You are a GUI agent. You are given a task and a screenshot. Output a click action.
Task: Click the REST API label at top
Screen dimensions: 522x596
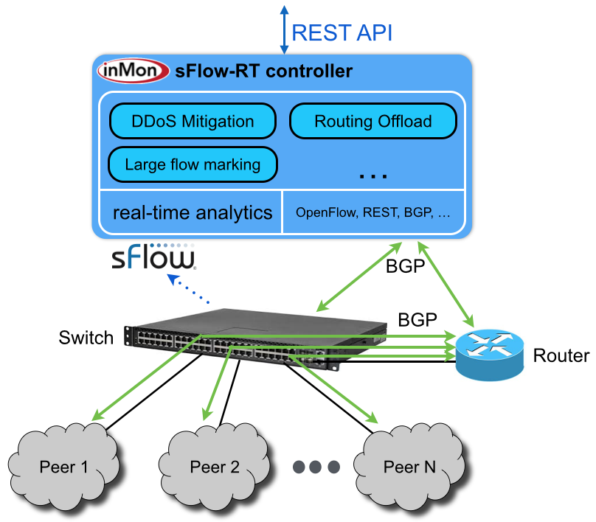[342, 32]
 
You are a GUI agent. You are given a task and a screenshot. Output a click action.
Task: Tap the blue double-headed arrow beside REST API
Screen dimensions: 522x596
[283, 29]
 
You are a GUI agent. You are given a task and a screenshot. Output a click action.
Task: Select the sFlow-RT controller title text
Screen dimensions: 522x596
[263, 72]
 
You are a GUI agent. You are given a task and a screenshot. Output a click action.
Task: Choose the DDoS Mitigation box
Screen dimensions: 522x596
[192, 122]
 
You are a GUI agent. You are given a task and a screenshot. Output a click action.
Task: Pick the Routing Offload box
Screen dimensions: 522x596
[372, 122]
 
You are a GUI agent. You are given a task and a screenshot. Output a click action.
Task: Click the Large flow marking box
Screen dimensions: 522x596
[193, 164]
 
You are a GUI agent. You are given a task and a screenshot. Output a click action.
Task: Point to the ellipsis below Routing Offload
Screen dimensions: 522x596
[372, 175]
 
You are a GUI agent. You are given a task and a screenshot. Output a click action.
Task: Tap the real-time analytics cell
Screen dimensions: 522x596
[192, 213]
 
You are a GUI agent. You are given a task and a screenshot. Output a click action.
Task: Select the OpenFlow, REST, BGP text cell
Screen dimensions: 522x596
[372, 213]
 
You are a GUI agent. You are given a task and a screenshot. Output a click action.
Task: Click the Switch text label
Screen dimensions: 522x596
[86, 338]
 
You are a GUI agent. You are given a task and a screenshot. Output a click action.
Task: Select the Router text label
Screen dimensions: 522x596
[561, 356]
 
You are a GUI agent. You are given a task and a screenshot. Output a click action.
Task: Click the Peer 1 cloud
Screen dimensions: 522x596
[63, 466]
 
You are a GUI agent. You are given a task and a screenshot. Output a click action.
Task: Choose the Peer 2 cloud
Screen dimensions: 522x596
[214, 466]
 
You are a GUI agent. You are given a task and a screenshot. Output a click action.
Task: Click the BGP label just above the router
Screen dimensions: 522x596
[417, 320]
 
